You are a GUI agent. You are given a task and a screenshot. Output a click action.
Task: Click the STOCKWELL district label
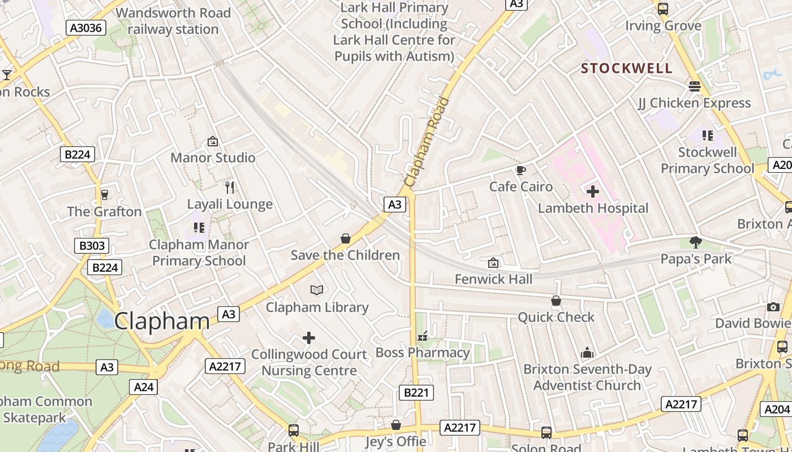pyautogui.click(x=627, y=68)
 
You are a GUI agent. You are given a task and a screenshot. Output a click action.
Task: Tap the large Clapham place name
pyautogui.click(x=162, y=321)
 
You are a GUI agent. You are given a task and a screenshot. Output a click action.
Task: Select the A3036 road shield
pyautogui.click(x=86, y=28)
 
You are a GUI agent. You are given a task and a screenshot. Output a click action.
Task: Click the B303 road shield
pyautogui.click(x=92, y=246)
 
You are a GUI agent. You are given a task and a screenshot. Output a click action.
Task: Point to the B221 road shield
pyautogui.click(x=416, y=393)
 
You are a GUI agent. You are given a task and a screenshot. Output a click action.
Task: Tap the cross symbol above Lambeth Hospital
pyautogui.click(x=593, y=192)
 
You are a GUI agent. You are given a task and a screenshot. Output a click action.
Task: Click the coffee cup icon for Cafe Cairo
pyautogui.click(x=520, y=170)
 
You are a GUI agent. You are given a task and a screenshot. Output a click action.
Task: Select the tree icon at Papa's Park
pyautogui.click(x=696, y=242)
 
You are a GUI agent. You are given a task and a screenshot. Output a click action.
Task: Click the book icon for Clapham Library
pyautogui.click(x=317, y=290)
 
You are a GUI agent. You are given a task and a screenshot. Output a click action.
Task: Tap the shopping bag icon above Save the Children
pyautogui.click(x=346, y=238)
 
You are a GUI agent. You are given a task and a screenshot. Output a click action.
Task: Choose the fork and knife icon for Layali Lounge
pyautogui.click(x=230, y=187)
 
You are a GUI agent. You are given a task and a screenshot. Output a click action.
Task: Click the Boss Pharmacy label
pyautogui.click(x=423, y=353)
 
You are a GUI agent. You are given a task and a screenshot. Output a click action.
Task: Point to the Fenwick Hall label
pyautogui.click(x=493, y=279)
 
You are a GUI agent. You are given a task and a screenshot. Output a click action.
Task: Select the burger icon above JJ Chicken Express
pyautogui.click(x=695, y=86)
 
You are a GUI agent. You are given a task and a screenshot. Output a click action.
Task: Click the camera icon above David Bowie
pyautogui.click(x=773, y=307)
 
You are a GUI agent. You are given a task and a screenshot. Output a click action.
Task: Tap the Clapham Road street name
pyautogui.click(x=428, y=142)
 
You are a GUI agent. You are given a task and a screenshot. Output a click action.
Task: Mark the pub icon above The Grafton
pyautogui.click(x=104, y=195)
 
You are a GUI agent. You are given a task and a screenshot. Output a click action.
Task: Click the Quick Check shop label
pyautogui.click(x=556, y=317)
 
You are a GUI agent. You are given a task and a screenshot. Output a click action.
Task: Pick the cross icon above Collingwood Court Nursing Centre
pyautogui.click(x=309, y=338)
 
